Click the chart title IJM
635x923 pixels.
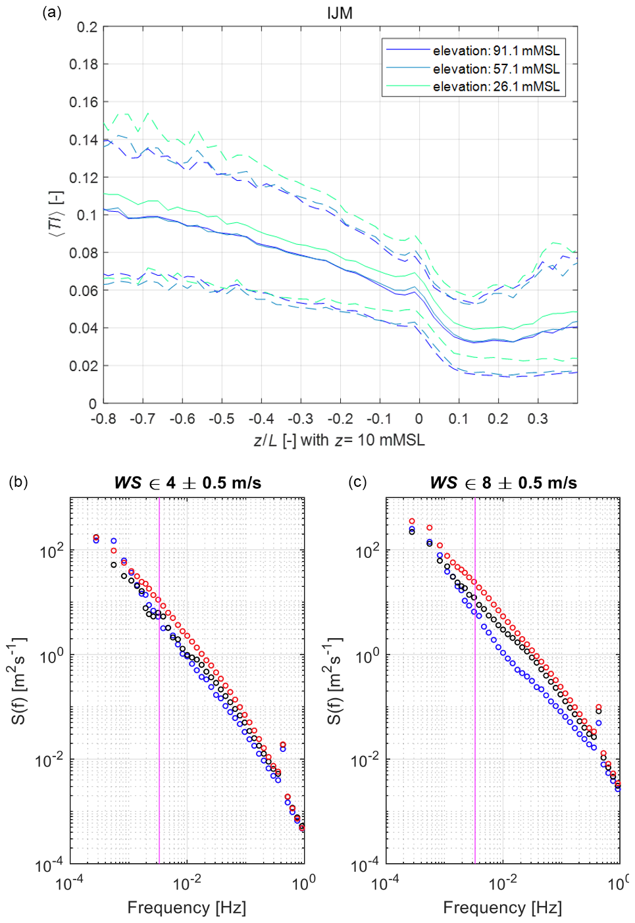(340, 13)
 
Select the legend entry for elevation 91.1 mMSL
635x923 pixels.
(495, 51)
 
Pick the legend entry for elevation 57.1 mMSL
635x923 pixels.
(495, 68)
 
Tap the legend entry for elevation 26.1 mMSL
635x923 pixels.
(495, 86)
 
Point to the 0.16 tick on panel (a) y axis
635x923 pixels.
(84, 102)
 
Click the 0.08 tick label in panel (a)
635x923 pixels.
(84, 253)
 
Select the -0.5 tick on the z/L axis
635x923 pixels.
(222, 419)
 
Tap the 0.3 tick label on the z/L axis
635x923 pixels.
(537, 419)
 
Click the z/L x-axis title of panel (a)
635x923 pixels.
(340, 440)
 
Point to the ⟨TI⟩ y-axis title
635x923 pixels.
(57, 214)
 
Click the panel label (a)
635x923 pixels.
(51, 12)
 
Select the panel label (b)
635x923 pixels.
(18, 482)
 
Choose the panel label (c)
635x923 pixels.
(357, 482)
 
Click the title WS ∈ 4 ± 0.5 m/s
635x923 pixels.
(188, 483)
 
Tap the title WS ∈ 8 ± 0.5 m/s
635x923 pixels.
(503, 483)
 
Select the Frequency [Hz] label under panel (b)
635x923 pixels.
(187, 908)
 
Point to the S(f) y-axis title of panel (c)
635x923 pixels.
(334, 680)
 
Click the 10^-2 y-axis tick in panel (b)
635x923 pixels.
(50, 761)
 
